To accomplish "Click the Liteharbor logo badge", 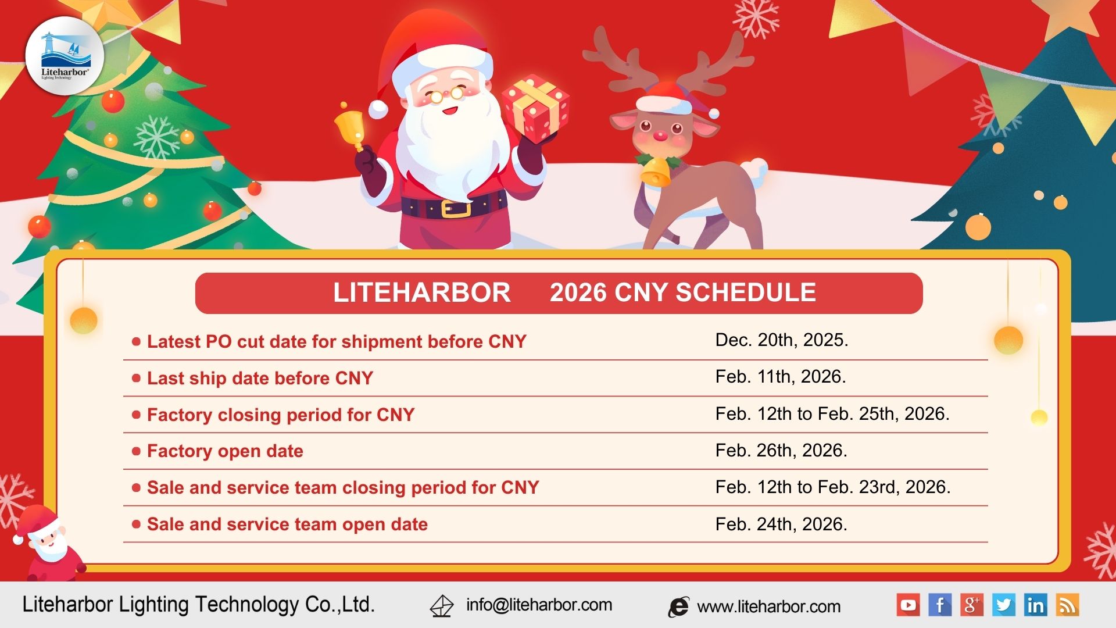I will pos(65,56).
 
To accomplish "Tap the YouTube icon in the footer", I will pos(908,605).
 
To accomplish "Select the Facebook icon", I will pos(940,605).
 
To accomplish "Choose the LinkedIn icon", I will pos(1035,605).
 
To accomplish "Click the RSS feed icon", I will pos(1067,605).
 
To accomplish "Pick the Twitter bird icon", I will pos(1003,605).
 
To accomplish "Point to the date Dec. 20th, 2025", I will pos(781,340).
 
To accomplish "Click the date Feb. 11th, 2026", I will pos(780,377).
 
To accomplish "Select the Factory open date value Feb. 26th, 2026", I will pos(781,450).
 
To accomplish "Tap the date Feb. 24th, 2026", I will pos(781,524).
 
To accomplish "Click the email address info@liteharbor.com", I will pos(539,605).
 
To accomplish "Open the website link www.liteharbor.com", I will pos(768,606).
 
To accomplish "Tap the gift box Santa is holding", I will pos(535,108).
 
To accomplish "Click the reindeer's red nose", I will pos(660,136).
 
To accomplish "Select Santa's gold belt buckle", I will pos(455,208).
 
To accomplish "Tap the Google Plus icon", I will pos(971,605).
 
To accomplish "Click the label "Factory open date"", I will pos(225,451).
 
